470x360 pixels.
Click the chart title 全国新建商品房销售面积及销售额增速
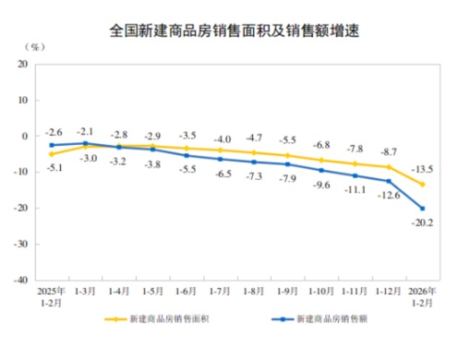point(235,29)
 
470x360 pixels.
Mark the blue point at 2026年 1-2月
point(423,209)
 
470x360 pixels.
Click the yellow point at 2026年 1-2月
point(423,185)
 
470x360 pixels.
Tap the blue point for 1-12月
point(389,181)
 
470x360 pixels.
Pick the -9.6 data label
point(322,185)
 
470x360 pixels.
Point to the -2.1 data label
point(86,130)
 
